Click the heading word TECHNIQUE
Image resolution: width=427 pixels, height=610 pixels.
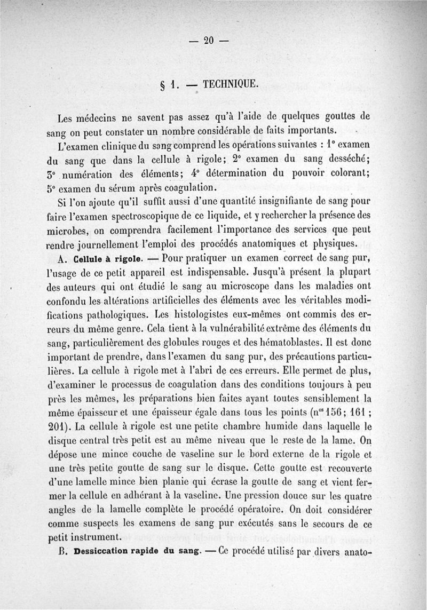(231, 84)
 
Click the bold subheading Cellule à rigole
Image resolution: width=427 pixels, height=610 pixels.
(107, 260)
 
